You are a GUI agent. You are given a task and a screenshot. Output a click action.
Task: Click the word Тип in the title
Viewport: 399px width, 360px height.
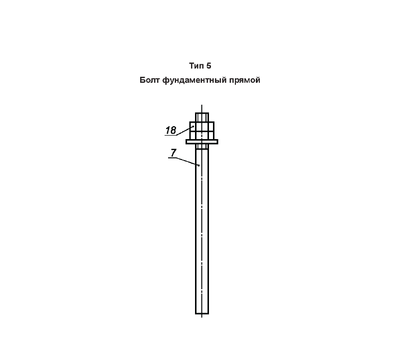pos(197,66)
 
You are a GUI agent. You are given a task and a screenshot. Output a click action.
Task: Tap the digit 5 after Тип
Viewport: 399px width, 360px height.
pos(208,66)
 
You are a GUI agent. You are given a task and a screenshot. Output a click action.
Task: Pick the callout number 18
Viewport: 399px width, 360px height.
pos(171,130)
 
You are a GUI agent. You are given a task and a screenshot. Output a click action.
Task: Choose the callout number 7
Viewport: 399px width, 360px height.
pos(173,153)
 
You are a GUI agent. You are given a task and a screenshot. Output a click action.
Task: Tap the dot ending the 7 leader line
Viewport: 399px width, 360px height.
pos(199,166)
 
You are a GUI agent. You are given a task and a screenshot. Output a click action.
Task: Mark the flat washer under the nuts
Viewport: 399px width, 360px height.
pos(202,142)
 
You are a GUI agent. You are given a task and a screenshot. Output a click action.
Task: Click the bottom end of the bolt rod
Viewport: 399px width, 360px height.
pos(202,314)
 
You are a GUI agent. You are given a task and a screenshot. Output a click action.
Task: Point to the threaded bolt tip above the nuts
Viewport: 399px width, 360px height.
pos(202,117)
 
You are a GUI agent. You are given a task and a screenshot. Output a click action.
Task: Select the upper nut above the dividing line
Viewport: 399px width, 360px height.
pos(202,127)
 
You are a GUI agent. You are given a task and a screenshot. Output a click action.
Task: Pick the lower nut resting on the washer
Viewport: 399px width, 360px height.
pos(202,135)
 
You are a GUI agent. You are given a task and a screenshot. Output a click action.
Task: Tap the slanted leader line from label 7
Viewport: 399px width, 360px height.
pos(188,162)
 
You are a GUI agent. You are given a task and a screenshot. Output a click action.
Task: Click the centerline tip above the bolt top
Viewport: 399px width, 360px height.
pos(202,105)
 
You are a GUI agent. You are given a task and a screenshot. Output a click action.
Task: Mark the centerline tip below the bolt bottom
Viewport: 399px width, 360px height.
pos(202,317)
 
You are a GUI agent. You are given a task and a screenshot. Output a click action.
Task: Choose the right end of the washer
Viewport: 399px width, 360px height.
pos(218,142)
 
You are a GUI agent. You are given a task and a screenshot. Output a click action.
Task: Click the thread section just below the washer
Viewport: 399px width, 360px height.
pos(202,147)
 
